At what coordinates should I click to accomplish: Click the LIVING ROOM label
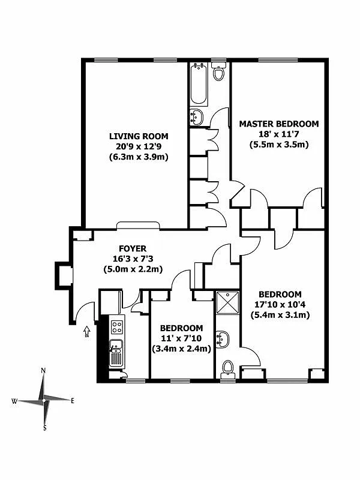139,136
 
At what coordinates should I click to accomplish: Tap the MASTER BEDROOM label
279,124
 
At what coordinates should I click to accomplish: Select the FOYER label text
133,248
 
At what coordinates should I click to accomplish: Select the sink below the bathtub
196,116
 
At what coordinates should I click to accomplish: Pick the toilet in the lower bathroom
227,367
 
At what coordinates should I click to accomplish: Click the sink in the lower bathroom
223,339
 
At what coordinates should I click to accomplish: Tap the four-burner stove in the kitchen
117,327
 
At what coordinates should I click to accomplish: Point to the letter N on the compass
43,371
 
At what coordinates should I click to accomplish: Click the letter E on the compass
73,401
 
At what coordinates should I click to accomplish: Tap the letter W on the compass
14,401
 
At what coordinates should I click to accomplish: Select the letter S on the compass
44,428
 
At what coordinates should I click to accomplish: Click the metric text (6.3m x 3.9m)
138,157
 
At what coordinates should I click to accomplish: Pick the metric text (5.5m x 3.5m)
279,145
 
